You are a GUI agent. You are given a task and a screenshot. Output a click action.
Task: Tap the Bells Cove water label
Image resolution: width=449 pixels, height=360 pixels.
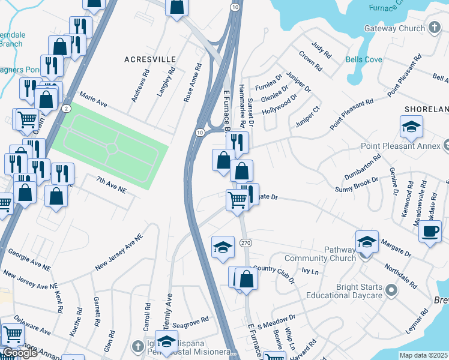point(364,59)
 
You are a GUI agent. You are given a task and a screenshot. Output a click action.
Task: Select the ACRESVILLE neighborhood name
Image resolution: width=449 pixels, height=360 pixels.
point(150,59)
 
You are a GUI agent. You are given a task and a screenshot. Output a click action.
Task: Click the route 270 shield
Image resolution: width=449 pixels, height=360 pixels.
point(245,243)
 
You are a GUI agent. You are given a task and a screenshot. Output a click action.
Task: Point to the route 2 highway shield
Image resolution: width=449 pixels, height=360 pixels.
point(66,108)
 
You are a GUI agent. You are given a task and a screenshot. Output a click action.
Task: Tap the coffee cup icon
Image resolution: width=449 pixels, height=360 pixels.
point(430,232)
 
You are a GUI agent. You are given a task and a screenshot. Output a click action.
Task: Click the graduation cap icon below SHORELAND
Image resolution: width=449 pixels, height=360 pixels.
point(411,127)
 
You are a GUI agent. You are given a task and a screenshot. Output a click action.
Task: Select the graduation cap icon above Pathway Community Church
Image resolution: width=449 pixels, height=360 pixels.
point(367,242)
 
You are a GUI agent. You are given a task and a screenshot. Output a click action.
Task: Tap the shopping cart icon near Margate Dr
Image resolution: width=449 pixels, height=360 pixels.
point(237,199)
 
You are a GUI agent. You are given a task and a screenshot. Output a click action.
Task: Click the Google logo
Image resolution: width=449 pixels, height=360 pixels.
point(20,353)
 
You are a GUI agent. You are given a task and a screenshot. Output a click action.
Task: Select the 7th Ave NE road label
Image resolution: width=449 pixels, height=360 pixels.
point(111,184)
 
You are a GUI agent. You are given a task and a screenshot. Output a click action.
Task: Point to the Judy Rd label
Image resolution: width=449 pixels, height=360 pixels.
point(322,50)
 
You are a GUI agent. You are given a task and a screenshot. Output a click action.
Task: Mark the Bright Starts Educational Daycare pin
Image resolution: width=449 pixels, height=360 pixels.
point(392,291)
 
